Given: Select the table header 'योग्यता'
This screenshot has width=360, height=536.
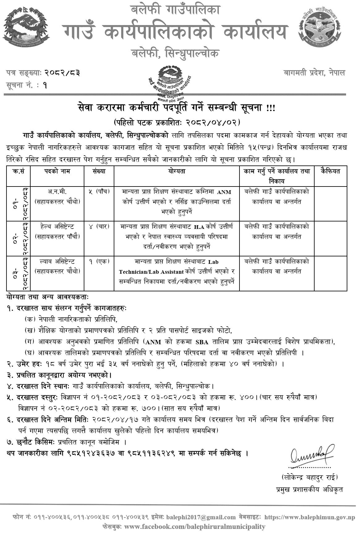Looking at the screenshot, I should click(177, 171).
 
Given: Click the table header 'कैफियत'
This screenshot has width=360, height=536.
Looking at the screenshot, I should click(330, 171).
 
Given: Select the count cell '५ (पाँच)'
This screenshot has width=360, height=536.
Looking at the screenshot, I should click(99, 192).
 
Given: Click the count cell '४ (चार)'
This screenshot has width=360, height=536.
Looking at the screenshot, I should click(99, 227).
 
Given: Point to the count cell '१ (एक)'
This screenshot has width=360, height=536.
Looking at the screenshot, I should click(99, 262).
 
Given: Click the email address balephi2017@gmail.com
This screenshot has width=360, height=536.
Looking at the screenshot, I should click(201, 517).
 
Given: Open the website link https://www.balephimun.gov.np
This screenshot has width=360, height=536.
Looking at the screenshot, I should click(310, 517).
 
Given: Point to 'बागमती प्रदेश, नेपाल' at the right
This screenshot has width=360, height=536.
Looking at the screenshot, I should click(314, 73).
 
